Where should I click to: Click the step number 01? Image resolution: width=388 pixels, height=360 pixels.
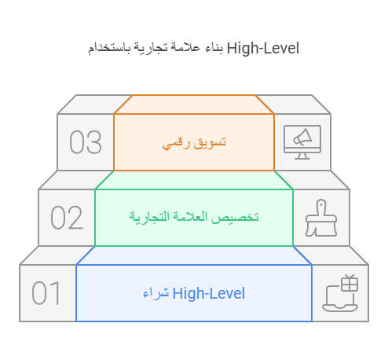pos(46,293)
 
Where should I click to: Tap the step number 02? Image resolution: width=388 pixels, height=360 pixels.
pos(67,218)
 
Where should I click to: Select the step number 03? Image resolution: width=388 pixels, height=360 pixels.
pos(86,142)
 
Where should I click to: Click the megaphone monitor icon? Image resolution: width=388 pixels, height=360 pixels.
pos(302,142)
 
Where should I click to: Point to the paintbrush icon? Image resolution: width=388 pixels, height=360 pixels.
pos(321,218)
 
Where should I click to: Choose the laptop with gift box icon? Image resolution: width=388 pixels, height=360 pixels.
pos(340,293)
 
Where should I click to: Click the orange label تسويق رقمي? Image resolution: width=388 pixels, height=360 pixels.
pos(194,143)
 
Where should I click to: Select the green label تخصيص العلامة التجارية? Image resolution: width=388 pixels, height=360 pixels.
pos(194,217)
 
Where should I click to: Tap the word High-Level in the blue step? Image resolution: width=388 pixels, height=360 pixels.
pos(209,293)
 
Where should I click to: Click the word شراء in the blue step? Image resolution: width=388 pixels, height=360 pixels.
pos(156,294)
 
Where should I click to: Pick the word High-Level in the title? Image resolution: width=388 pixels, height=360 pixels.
pos(263,49)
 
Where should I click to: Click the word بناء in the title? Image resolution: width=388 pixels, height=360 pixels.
pos(214,48)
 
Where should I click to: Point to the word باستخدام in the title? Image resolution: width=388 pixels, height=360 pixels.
pos(109,49)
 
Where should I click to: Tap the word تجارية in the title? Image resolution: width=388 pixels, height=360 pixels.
pos(151,49)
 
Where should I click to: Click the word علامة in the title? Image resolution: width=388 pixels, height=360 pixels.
pos(186,48)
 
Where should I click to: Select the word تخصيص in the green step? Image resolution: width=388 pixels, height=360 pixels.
pos(236,218)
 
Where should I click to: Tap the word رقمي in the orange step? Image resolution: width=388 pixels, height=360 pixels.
pos(176,144)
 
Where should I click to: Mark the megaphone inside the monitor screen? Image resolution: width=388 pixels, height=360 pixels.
pos(302,138)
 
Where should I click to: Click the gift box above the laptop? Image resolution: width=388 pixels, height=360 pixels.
pos(350,283)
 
